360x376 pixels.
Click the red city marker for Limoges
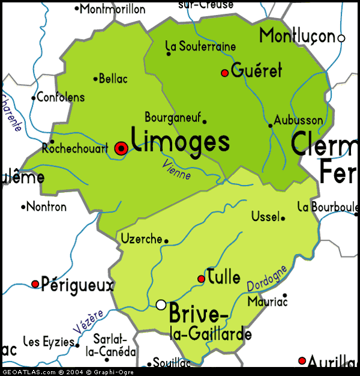pos(121,148)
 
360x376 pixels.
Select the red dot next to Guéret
pos(225,73)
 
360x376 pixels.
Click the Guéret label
pos(256,70)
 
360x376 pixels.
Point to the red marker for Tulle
pos(202,279)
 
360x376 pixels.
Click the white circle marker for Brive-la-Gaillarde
pos(161,305)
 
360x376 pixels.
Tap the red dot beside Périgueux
pos(35,284)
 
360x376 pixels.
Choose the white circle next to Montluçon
pos(341,38)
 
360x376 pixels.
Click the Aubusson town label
pos(298,120)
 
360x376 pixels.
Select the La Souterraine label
pos(200,46)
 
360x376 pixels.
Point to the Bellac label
pos(113,78)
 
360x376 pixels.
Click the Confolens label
pos(61,97)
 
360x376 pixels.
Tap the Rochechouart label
pos(75,148)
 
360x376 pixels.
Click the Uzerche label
pos(142,239)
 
